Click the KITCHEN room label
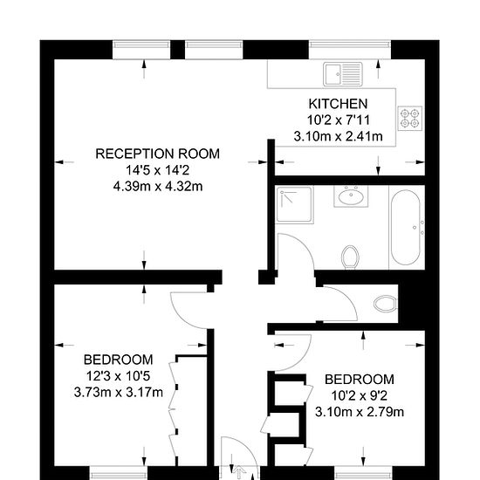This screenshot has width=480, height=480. coord(338,104)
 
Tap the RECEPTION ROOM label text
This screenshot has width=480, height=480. coord(158,154)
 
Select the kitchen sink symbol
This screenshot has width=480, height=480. coord(343,74)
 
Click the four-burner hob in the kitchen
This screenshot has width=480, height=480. coord(410,119)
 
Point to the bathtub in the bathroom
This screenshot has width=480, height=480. coord(406,228)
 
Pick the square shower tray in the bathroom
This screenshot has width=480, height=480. coord(294,204)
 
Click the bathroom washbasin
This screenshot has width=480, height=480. coord(351,195)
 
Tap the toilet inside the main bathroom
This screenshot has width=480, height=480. coord(351,257)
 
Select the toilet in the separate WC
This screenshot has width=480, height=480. coord(386,304)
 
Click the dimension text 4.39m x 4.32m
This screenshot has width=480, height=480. coord(158,186)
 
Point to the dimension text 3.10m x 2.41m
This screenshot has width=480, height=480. coord(338,136)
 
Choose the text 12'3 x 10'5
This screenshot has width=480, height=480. coord(118,376)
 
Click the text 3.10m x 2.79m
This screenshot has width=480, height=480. coord(360,412)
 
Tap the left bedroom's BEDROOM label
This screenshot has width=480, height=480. coord(118,360)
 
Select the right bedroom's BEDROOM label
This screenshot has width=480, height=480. coord(360,380)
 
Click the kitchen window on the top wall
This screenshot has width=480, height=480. coord(350,49)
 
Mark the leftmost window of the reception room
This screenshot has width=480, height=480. coord(141,49)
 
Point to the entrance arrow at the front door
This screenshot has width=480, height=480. coord(239,472)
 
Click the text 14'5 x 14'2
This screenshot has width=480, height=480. coord(158,170)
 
